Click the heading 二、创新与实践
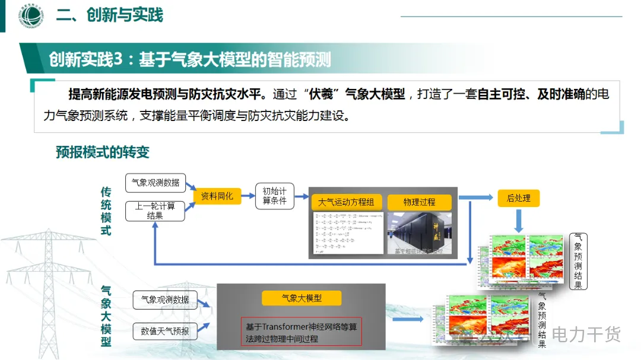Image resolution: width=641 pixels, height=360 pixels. (109, 15)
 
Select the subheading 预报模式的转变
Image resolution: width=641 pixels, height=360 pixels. (103, 152)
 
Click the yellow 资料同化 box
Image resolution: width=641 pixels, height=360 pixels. (217, 196)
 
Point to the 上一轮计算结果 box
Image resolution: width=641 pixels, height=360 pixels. (155, 211)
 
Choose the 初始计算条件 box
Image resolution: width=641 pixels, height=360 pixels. (274, 196)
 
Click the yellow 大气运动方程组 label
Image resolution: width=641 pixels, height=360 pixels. (346, 202)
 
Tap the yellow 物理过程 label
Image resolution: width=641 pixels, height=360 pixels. (419, 202)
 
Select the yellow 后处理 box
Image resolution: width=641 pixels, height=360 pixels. (518, 198)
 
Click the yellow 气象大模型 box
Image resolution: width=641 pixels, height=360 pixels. (302, 298)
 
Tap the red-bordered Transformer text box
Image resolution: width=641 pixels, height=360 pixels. (302, 333)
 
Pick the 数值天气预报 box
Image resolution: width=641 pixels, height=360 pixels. (165, 331)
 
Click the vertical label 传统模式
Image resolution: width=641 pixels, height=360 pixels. (106, 211)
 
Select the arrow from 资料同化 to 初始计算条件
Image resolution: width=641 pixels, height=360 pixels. (248, 196)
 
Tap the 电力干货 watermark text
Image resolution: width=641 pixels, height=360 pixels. (586, 335)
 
